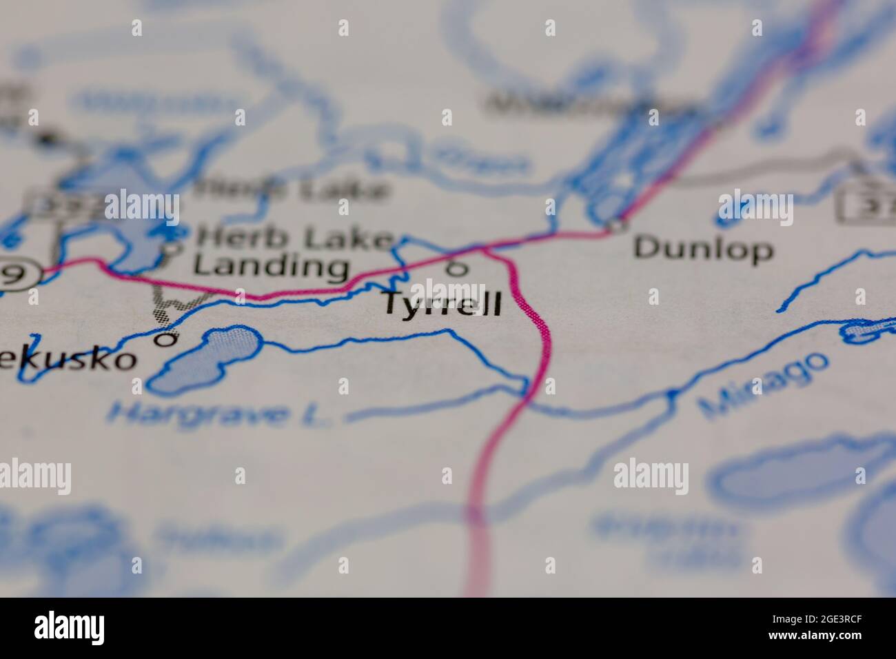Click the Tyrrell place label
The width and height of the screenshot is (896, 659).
(442, 304)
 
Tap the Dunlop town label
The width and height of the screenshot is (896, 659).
(703, 248)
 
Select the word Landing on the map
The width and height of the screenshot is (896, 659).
(270, 266)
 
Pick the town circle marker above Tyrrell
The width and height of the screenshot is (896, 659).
(456, 269)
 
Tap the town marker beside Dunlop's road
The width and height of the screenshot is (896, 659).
(615, 224)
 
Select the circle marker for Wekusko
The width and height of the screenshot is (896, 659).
(165, 338)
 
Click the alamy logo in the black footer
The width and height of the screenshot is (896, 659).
(70, 628)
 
